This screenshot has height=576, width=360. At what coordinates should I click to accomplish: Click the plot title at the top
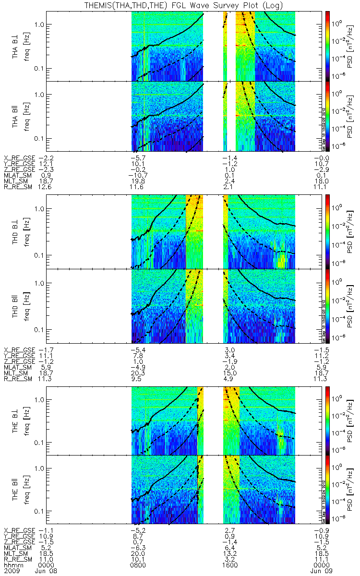tap(180, 5)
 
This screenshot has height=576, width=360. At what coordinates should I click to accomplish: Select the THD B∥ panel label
tap(16, 306)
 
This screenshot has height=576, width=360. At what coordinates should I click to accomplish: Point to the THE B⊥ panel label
tap(16, 420)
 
